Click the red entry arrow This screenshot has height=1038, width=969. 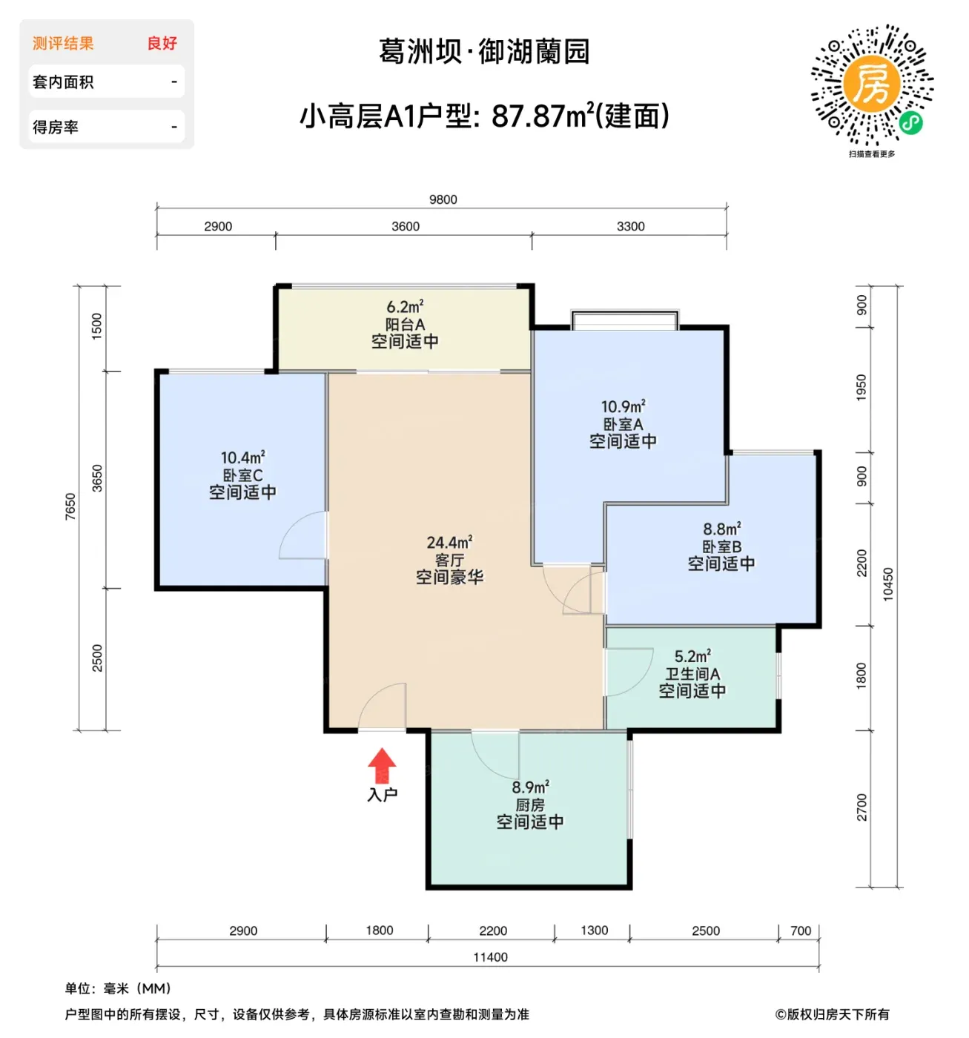[382, 765]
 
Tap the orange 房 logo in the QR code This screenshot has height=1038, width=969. [871, 84]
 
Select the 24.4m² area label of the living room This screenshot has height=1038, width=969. [449, 543]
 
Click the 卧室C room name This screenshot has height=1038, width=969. [242, 475]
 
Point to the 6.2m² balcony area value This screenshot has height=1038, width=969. [405, 306]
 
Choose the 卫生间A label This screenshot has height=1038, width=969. [692, 674]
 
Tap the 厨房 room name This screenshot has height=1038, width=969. [530, 805]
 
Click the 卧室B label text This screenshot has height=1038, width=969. [721, 546]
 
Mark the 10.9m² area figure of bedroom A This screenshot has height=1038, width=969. [623, 406]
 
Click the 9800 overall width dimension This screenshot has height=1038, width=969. [443, 199]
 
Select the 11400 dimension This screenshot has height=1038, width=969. [490, 957]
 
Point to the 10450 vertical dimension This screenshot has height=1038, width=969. [888, 584]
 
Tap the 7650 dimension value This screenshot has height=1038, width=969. [70, 506]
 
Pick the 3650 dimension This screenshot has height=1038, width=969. [97, 478]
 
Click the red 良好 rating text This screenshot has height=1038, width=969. [162, 44]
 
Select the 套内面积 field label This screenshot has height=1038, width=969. [63, 82]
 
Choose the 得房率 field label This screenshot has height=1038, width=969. [56, 127]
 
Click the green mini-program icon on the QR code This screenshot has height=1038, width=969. [911, 123]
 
